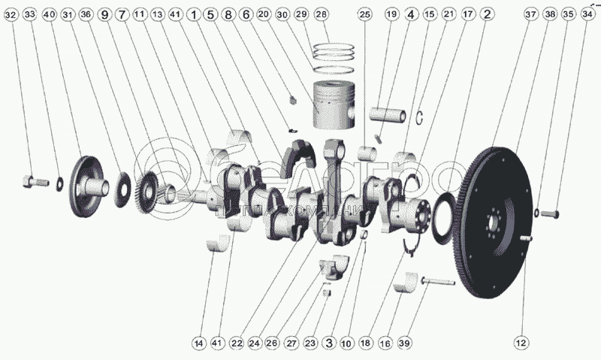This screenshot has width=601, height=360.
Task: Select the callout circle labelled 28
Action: [x=322, y=15]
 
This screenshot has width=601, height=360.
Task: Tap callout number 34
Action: [x=587, y=15]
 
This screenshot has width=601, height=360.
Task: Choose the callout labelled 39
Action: [x=404, y=343]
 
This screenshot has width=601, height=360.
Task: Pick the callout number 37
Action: [x=531, y=15]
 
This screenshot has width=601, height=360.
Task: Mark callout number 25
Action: [x=365, y=15]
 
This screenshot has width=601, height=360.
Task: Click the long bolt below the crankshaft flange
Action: [x=438, y=282]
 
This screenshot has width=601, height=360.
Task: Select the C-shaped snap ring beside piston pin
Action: [x=423, y=116]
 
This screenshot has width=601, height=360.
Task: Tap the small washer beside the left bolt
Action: [x=59, y=182]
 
